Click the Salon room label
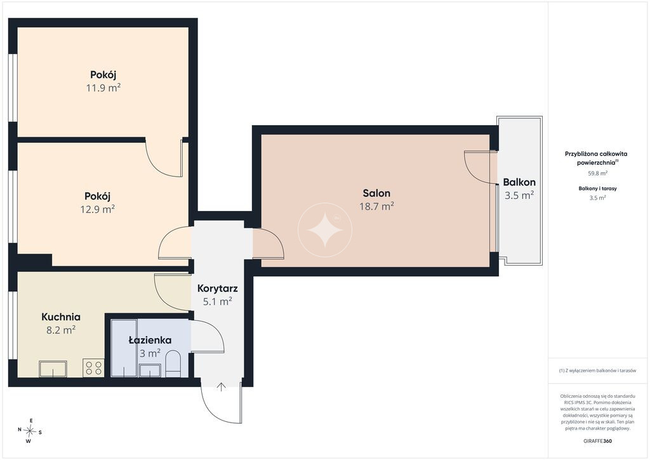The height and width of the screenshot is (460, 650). click(376, 193)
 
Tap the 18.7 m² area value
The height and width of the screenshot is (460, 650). click(376, 206)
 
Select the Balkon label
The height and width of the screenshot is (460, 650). click(519, 182)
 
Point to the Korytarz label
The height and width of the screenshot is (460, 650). click(217, 288)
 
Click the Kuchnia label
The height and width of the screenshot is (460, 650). click(61, 317)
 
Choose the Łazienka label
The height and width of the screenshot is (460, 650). click(150, 340)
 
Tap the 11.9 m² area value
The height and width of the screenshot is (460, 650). click(103, 88)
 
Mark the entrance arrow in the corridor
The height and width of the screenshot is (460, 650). click(222, 387)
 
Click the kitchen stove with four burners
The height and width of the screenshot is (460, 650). click(93, 367)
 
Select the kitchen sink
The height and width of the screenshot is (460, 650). click(53, 369)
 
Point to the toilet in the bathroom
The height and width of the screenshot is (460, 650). click(173, 364)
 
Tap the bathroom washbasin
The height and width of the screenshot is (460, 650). click(150, 370)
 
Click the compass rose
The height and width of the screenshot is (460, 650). click(30, 431)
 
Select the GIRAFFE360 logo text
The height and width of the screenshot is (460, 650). click(597, 441)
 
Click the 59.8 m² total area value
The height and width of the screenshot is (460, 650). click(598, 173)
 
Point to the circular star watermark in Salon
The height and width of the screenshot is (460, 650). click(325, 230)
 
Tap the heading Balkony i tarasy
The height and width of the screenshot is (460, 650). click(598, 188)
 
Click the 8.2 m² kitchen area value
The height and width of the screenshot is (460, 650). click(61, 330)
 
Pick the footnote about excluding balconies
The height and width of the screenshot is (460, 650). click(597, 370)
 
